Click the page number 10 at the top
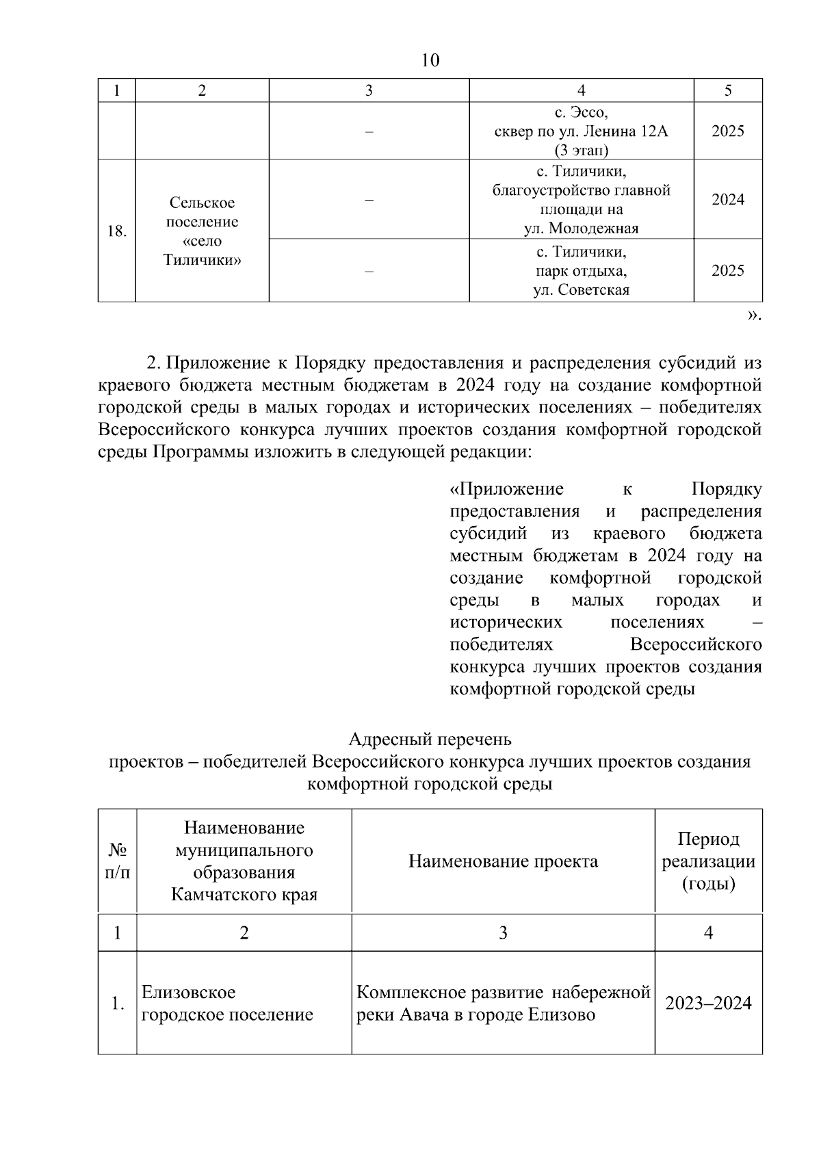click(x=430, y=61)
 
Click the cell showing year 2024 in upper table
click(x=727, y=200)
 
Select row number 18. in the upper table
click(x=117, y=231)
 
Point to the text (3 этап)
click(x=581, y=150)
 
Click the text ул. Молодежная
click(x=581, y=229)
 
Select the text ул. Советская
click(x=581, y=290)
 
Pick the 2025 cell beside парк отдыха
click(x=727, y=270)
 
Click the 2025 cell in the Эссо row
click(x=727, y=131)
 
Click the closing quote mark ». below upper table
click(x=753, y=315)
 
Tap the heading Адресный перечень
click(x=430, y=740)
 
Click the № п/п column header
click(x=117, y=861)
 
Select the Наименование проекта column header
click(x=503, y=861)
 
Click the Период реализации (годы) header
click(x=708, y=861)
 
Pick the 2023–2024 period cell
click(x=708, y=1004)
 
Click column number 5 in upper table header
click(x=727, y=90)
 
